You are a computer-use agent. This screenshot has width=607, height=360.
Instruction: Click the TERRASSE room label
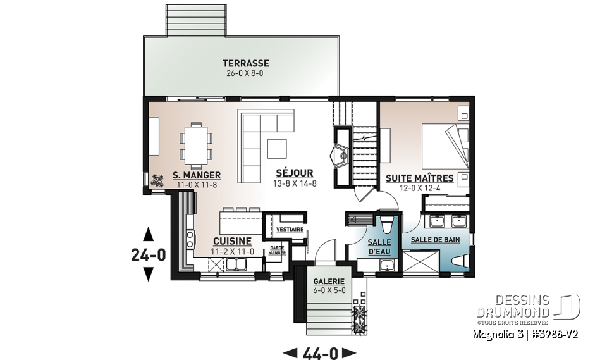245,63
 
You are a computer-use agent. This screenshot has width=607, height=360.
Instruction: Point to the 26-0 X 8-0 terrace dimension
245,73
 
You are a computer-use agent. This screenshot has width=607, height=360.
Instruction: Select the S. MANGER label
196,175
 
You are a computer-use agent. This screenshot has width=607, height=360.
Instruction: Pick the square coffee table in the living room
279,148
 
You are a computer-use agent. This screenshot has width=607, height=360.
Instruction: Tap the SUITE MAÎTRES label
419,178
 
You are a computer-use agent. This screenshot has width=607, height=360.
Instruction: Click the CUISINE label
232,241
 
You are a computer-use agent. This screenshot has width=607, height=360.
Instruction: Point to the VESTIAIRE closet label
290,229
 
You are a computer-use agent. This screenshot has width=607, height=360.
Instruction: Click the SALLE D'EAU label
379,247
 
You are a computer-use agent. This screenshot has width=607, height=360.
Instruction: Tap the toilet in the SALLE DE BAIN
460,261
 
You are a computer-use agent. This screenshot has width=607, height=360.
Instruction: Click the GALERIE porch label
329,282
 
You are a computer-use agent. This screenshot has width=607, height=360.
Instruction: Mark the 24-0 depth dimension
148,254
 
